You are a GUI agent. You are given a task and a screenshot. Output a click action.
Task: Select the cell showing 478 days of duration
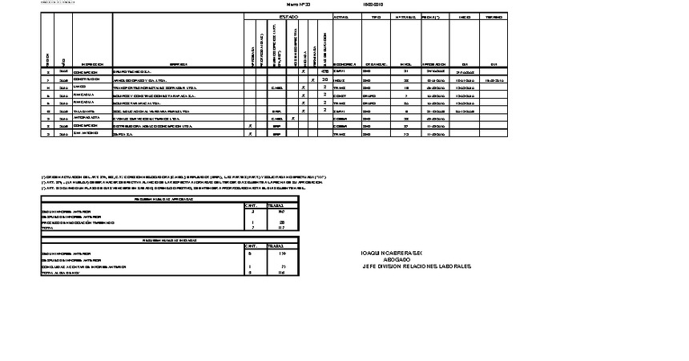(324, 72)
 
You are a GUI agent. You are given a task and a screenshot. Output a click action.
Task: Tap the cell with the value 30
(324, 80)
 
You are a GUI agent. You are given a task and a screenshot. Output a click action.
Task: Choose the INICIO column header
(465, 16)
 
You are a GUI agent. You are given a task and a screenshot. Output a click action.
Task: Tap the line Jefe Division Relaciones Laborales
(417, 267)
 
